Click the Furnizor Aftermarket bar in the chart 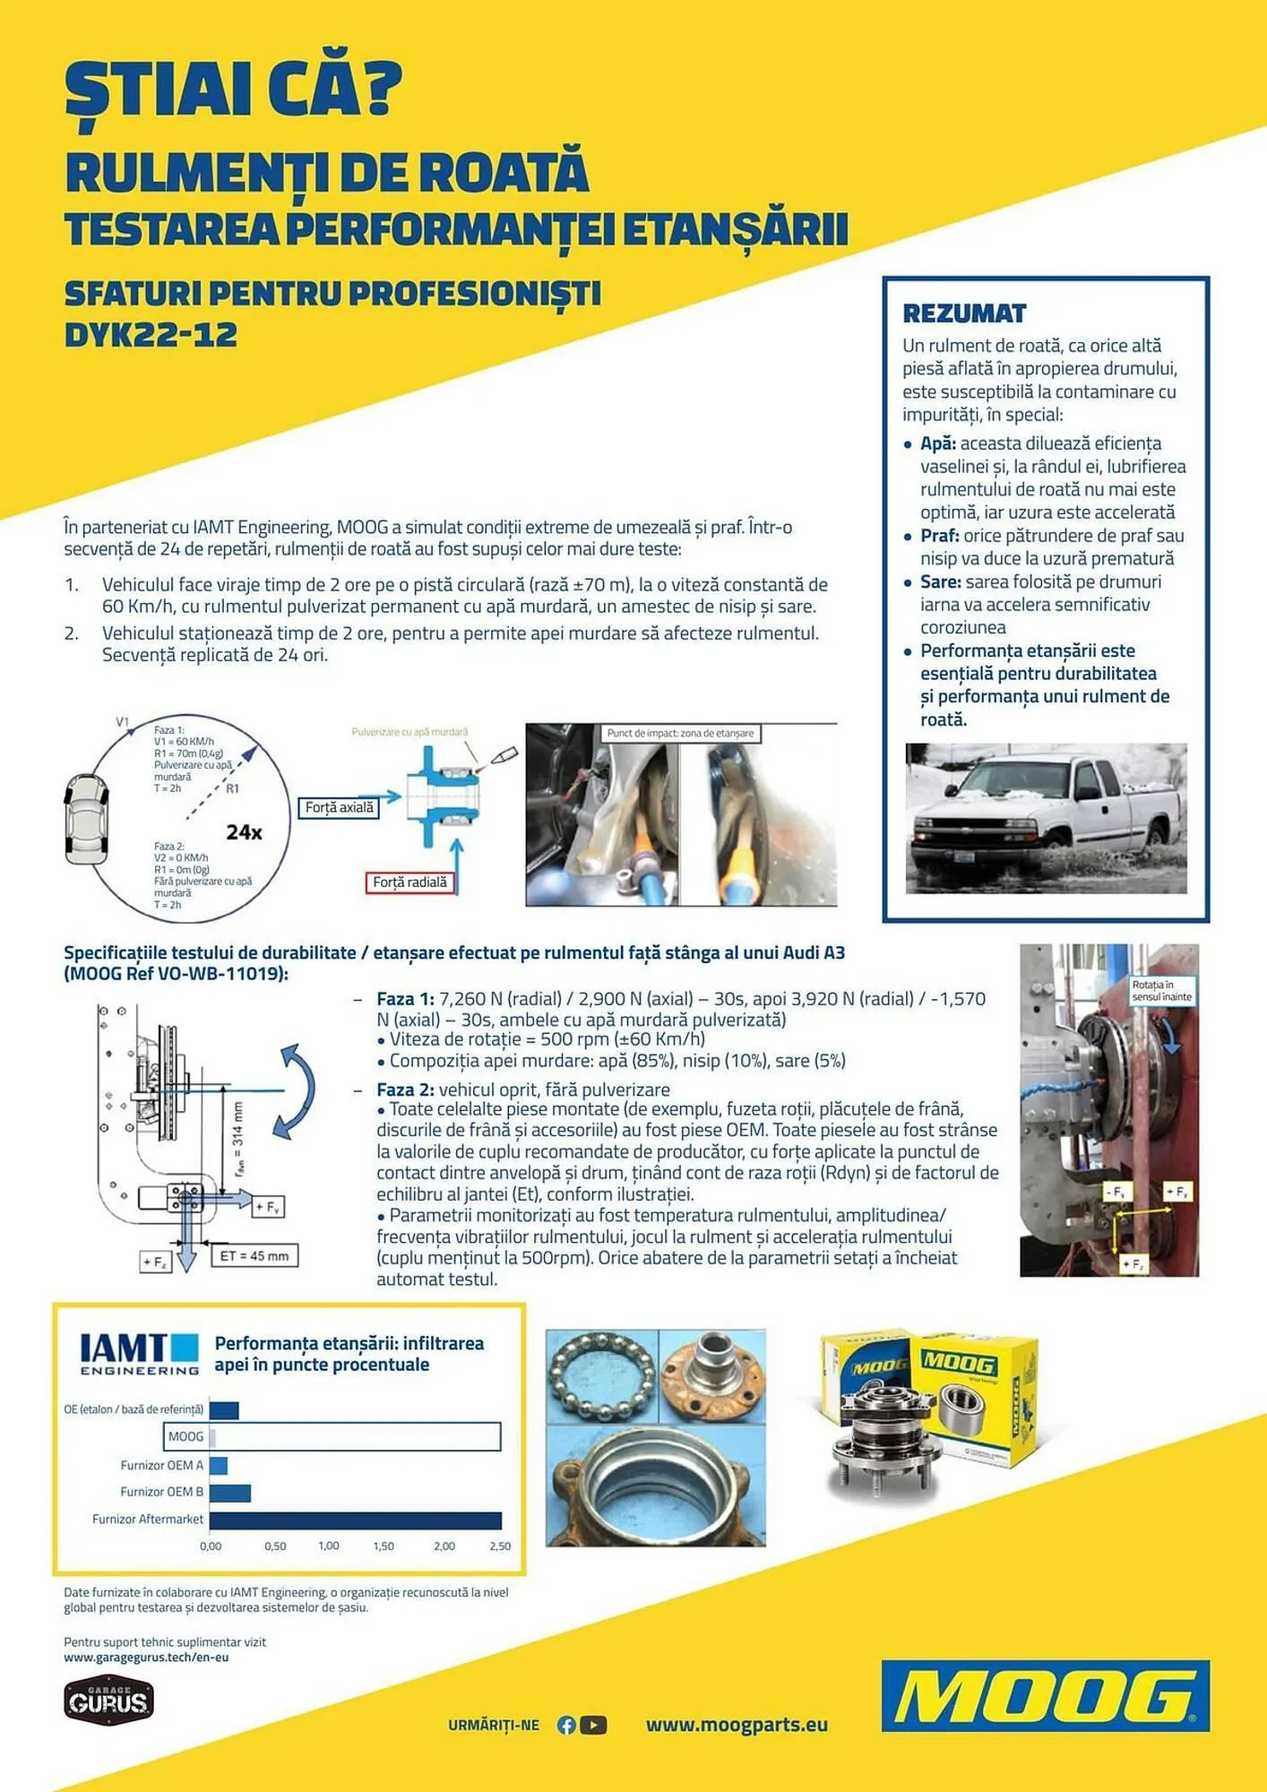(355, 1521)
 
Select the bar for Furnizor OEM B (229, 1493)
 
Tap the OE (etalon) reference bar (224, 1410)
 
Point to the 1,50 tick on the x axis (384, 1546)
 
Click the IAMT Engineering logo (139, 1354)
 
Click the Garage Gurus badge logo (108, 1701)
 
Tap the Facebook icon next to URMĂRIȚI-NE (566, 1725)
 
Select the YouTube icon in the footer (593, 1725)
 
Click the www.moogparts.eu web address (737, 1725)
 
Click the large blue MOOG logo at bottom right (1046, 1696)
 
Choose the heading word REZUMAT (964, 314)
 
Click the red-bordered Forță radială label (409, 883)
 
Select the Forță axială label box (339, 808)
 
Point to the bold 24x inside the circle (244, 832)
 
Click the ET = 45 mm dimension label (254, 1256)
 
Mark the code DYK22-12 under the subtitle (151, 335)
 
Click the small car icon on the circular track (86, 819)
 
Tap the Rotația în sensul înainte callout (1161, 991)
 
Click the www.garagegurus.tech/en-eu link (146, 1658)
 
